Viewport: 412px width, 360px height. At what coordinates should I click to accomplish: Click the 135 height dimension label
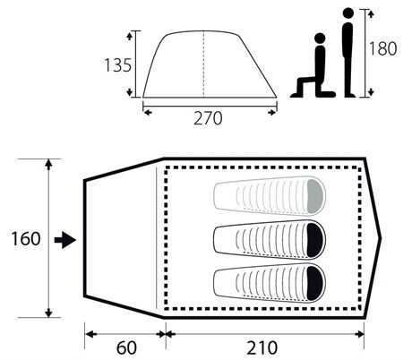click(117, 65)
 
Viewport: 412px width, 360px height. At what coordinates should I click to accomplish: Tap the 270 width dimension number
click(208, 118)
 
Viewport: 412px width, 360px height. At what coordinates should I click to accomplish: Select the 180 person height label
click(383, 48)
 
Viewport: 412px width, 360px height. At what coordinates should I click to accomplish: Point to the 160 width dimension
click(26, 239)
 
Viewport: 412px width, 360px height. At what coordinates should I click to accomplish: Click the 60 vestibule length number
click(126, 347)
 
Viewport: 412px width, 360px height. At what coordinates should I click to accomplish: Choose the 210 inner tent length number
click(262, 347)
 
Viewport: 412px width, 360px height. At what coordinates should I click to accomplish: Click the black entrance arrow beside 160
click(65, 240)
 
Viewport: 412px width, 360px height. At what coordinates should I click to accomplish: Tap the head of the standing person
click(348, 13)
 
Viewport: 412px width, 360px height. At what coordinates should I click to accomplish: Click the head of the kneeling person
click(320, 39)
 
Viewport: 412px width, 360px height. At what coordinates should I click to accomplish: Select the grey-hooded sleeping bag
click(270, 195)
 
